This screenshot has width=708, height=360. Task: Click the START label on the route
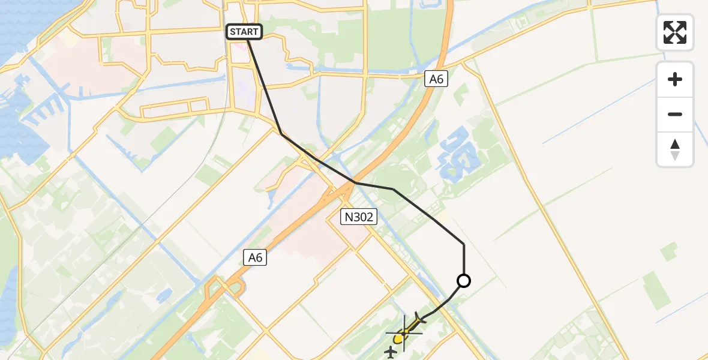244,32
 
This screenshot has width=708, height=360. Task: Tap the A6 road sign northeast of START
436,78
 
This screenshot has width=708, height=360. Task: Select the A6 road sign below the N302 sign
256,257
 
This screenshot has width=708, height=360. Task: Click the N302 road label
358,217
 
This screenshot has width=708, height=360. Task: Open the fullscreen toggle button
675,32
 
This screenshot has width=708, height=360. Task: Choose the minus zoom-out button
675,114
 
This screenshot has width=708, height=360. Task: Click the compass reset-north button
675,149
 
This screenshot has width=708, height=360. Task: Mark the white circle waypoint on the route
464,280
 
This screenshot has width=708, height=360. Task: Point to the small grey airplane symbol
391,352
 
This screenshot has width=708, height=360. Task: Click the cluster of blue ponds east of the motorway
460,155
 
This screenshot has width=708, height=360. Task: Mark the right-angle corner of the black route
464,244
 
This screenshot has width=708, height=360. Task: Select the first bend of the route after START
281,133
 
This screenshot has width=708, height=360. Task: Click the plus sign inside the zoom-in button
675,79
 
